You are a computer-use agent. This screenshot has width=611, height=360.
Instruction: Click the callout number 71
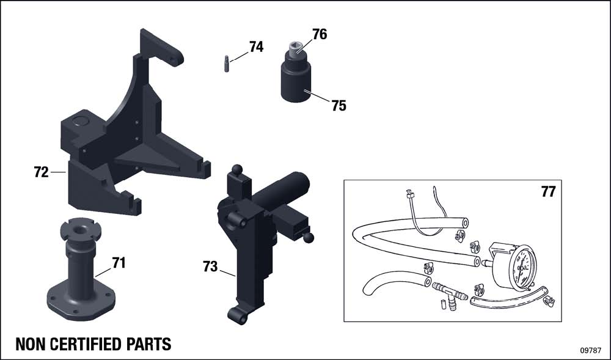point(119,263)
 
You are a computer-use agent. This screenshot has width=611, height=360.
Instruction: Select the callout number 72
point(41,172)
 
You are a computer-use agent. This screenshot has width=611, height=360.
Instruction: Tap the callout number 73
point(210,266)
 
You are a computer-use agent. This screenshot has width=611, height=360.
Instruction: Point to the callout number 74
point(257,46)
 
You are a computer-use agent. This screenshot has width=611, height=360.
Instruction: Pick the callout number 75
point(338,106)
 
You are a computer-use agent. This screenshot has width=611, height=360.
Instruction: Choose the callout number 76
point(320,34)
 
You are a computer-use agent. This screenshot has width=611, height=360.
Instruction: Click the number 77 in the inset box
point(548,192)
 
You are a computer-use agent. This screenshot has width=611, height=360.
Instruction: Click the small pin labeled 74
point(227,64)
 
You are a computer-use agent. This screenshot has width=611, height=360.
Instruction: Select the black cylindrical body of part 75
point(296,83)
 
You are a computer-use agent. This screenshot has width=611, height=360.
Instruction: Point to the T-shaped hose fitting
point(450,295)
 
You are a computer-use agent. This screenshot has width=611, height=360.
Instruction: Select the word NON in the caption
point(31,344)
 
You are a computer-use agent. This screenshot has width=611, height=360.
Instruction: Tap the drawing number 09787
point(591,350)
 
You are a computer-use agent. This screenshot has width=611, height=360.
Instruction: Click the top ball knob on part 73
point(237,169)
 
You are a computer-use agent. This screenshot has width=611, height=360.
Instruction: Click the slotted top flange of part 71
point(81,230)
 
